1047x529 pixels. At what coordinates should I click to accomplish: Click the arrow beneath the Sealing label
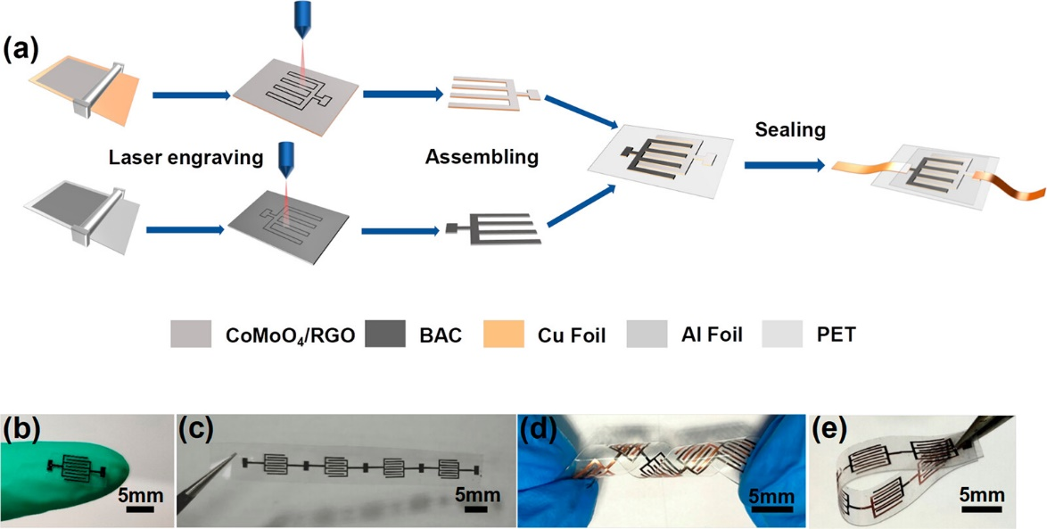784,165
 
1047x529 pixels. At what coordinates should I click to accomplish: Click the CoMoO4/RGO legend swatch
189,335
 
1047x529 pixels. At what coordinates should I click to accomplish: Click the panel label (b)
23,430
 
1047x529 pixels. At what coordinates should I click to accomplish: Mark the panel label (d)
539,430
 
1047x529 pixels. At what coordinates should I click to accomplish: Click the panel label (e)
829,430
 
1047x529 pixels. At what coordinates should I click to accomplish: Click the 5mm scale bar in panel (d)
769,510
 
